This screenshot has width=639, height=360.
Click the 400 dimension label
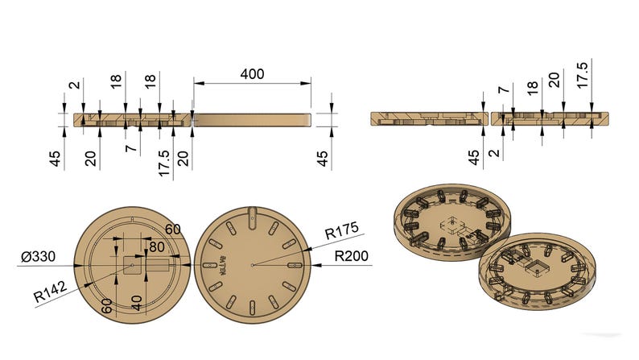252,73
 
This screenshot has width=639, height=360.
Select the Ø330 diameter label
38,257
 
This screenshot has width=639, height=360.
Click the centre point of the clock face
252,265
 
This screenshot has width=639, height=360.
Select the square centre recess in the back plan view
133,265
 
